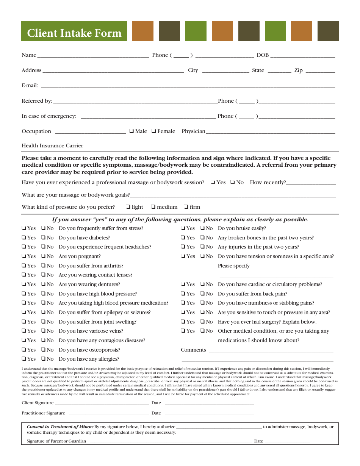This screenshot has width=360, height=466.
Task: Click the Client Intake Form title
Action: [74, 33]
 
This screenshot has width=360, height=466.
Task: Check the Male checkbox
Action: [131, 131]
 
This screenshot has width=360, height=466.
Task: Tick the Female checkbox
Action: [154, 131]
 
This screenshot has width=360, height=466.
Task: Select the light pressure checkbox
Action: [128, 207]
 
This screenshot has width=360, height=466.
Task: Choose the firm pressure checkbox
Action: [186, 207]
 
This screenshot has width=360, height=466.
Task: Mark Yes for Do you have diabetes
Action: [24, 238]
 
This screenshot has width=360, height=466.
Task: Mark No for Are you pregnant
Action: [43, 256]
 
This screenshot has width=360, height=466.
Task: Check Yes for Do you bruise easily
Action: [183, 228]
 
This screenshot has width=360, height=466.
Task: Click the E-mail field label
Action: [30, 86]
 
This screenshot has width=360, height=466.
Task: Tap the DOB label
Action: [263, 55]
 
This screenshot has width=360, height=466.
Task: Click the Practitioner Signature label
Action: [43, 413]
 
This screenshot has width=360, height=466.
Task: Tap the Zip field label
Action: [298, 70]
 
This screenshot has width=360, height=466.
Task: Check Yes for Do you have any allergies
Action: [24, 359]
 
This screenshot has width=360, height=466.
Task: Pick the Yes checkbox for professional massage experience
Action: [213, 183]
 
